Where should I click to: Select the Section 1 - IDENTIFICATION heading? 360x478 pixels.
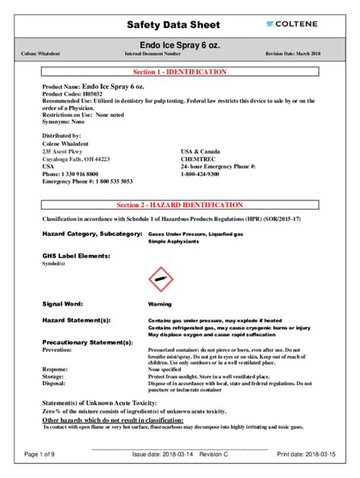[x=179, y=72]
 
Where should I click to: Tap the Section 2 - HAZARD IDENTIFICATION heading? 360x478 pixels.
[x=179, y=205]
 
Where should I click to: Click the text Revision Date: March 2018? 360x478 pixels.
[x=292, y=54]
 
